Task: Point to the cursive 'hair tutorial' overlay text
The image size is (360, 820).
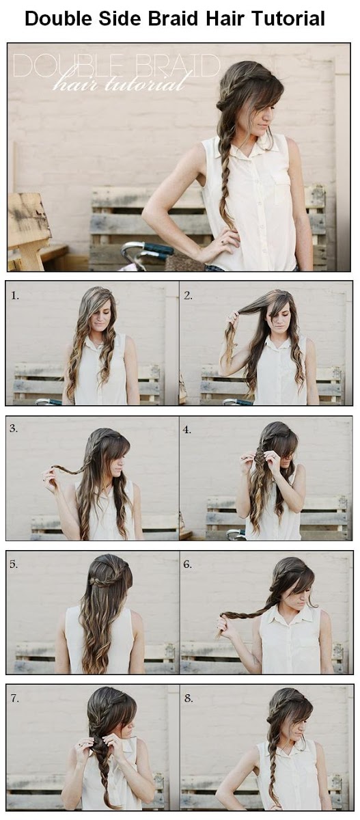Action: (x=120, y=84)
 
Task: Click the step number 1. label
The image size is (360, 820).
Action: (x=16, y=296)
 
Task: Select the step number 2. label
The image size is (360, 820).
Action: (x=189, y=296)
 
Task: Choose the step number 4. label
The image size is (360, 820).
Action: (x=189, y=429)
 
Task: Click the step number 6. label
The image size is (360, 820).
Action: (x=189, y=564)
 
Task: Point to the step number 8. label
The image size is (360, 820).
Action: (x=189, y=699)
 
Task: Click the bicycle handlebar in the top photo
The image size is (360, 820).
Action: (x=147, y=249)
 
